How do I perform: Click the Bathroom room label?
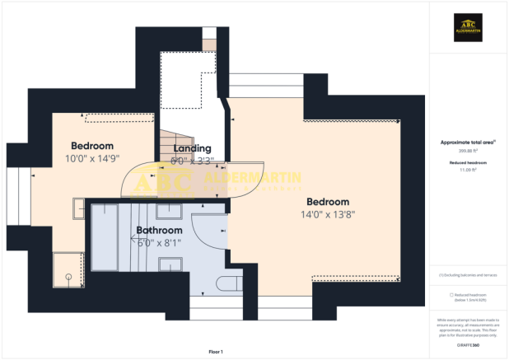click(x=159, y=230)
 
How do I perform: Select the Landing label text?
click(x=192, y=148)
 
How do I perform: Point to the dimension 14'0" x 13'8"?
click(x=328, y=214)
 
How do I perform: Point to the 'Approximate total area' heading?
click(x=466, y=143)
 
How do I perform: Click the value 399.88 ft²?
click(x=466, y=151)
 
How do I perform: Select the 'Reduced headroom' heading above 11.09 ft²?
click(x=466, y=163)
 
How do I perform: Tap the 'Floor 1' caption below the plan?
click(x=215, y=352)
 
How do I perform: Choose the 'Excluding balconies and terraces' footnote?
click(x=468, y=274)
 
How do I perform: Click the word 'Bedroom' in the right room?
click(x=328, y=202)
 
